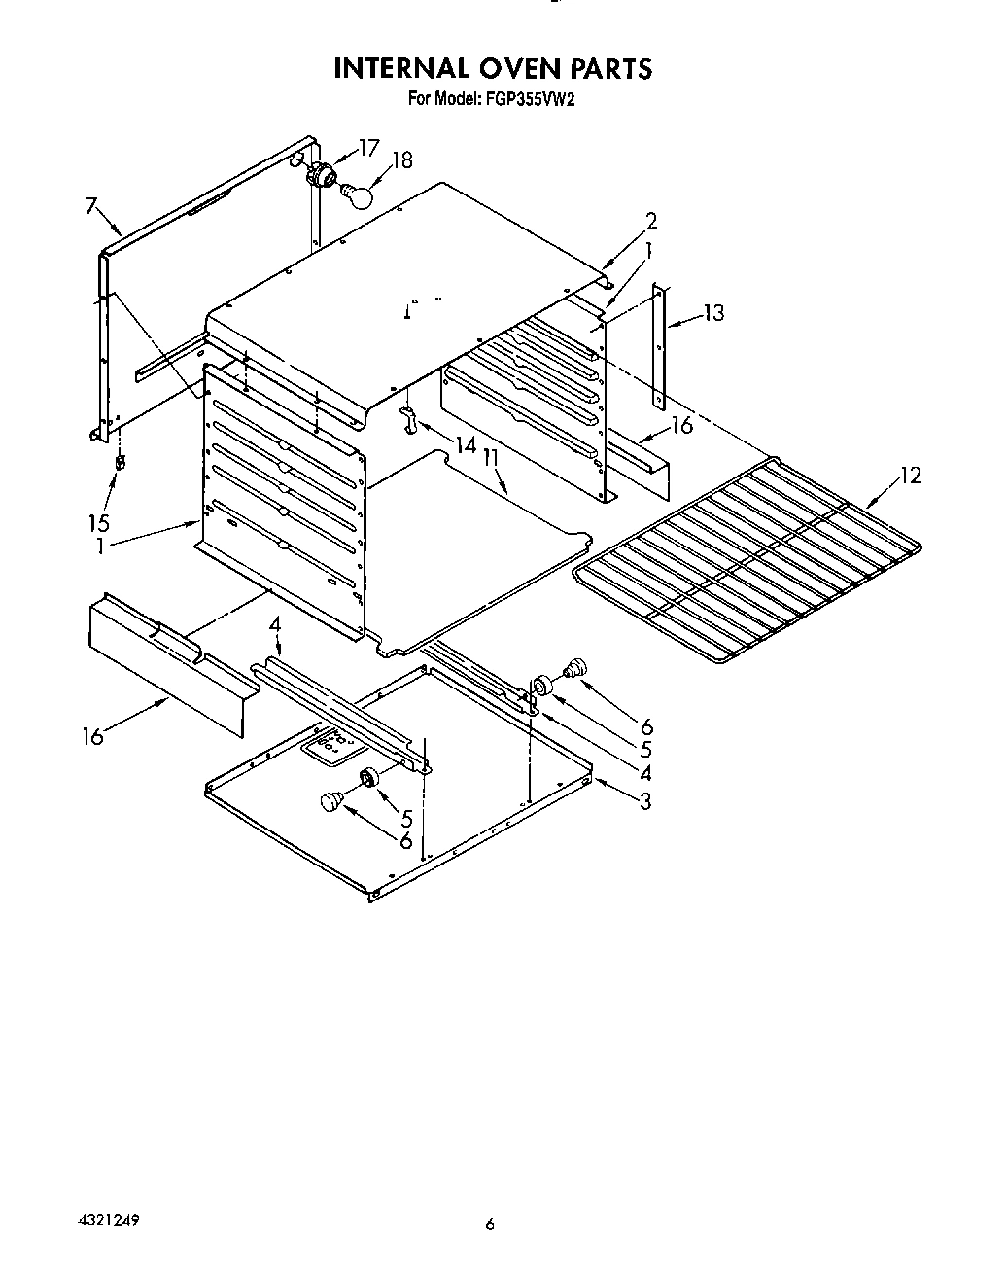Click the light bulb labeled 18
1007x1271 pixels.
point(359,194)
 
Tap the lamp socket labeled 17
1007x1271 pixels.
point(321,175)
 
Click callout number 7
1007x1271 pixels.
point(90,205)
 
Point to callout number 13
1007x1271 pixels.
point(713,313)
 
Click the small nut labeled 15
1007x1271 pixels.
point(120,462)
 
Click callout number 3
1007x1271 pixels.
point(645,801)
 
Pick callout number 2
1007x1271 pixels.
point(650,221)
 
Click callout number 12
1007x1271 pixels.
point(910,476)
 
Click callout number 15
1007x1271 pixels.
point(98,522)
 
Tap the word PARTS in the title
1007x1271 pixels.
point(606,68)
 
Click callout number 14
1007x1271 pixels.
point(466,445)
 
